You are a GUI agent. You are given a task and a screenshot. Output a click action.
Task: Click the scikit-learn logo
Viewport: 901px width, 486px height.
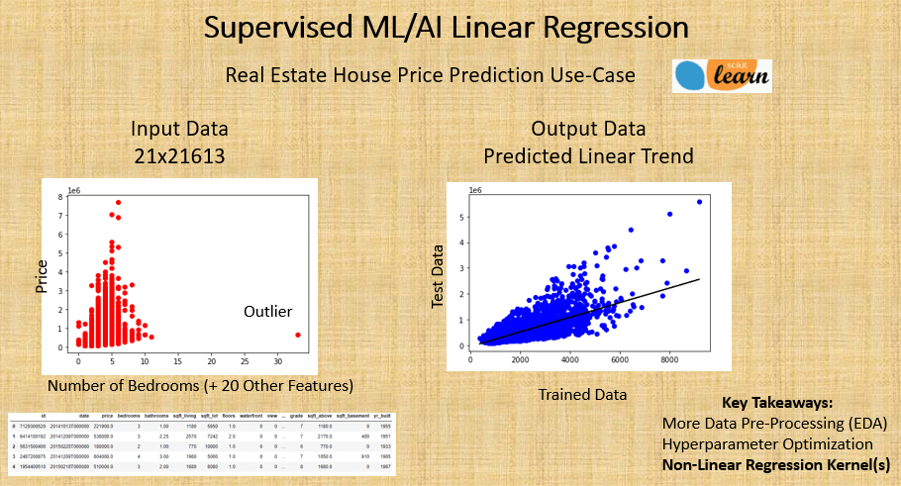click(x=721, y=76)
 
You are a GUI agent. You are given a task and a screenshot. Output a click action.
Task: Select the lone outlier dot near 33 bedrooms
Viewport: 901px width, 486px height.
click(x=298, y=335)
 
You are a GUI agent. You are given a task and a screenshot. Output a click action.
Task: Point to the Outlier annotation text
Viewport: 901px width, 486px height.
click(x=268, y=312)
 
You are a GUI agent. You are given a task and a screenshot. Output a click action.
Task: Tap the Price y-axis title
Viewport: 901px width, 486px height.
click(x=41, y=275)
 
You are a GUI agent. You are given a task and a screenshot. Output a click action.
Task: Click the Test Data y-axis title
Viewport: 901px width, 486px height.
click(x=438, y=278)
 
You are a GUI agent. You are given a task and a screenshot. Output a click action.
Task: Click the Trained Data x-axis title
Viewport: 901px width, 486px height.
click(x=582, y=394)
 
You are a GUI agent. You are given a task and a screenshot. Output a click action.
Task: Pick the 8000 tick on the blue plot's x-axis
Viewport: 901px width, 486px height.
click(x=670, y=361)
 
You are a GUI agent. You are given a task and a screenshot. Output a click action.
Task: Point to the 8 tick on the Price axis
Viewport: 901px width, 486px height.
click(x=60, y=197)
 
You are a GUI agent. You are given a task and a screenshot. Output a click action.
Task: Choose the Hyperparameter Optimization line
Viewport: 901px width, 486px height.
click(x=767, y=444)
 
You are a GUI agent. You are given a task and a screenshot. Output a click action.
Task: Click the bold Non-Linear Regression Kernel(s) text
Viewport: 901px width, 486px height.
click(x=775, y=464)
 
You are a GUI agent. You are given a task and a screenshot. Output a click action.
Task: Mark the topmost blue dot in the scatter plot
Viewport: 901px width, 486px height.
click(x=699, y=202)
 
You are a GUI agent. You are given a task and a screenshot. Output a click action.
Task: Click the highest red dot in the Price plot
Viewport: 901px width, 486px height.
click(x=118, y=202)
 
